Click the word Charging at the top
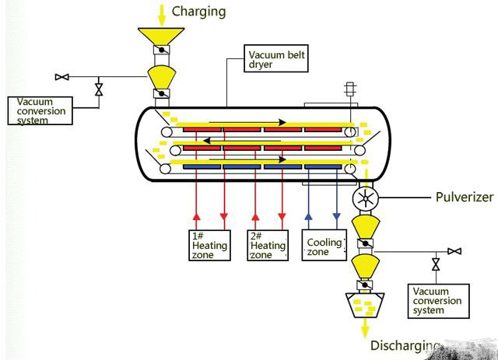(x=198, y=11)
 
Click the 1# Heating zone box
(x=209, y=245)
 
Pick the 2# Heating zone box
(x=267, y=245)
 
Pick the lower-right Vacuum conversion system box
(x=437, y=300)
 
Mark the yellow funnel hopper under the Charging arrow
(x=162, y=38)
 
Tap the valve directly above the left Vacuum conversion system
(x=98, y=89)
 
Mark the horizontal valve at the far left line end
(x=61, y=77)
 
